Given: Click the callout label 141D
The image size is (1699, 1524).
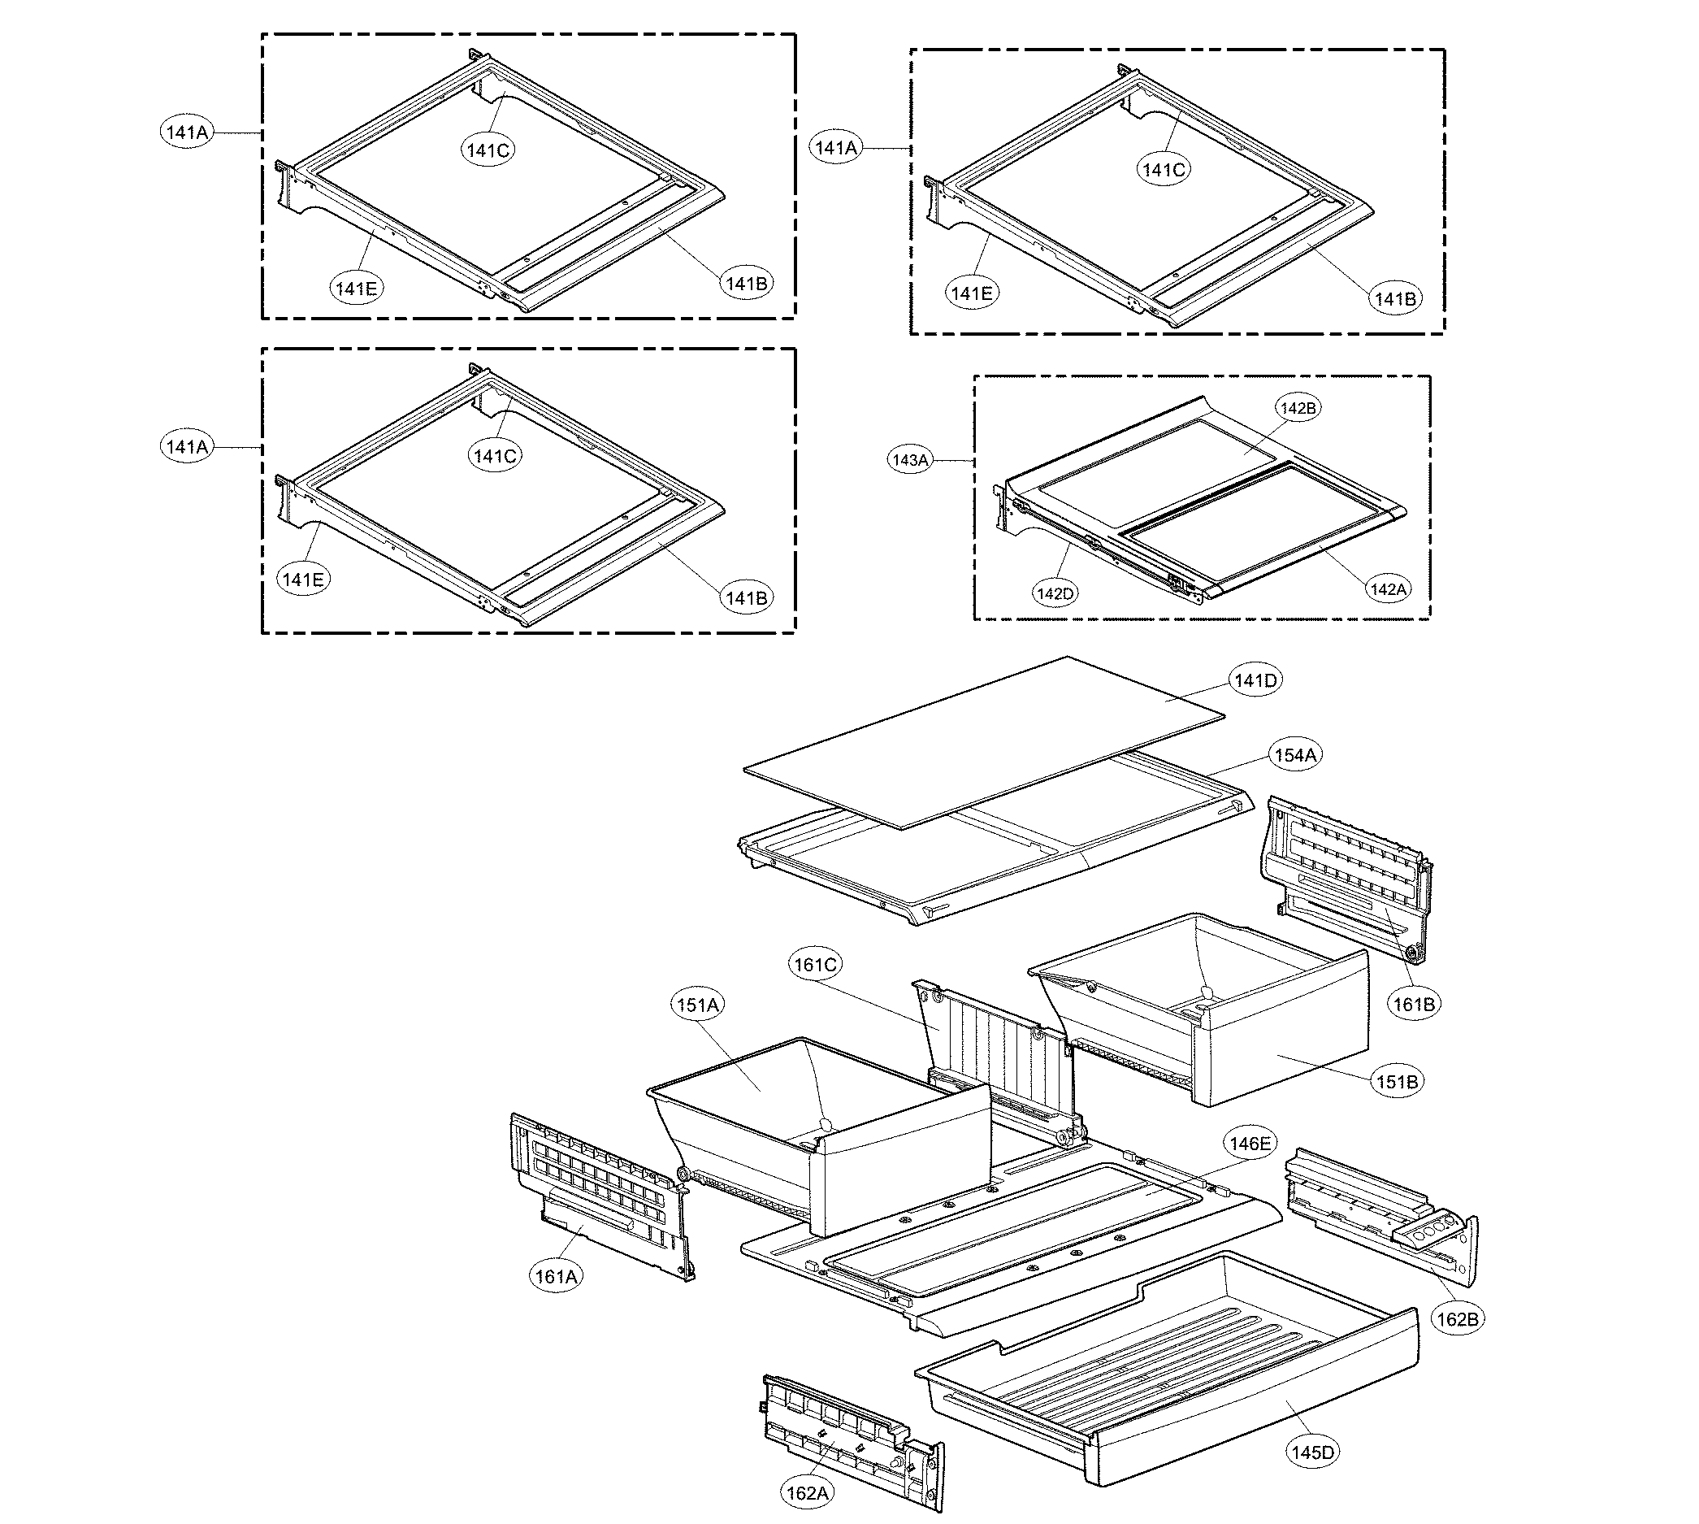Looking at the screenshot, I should [1255, 681].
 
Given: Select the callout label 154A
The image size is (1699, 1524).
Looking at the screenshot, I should [1294, 755].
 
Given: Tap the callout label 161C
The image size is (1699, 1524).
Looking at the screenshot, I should [815, 965].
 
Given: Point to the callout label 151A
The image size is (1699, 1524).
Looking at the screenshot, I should [698, 1005].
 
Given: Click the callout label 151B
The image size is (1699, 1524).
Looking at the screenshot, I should [1397, 1082].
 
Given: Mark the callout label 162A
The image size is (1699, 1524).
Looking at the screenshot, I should [808, 1493].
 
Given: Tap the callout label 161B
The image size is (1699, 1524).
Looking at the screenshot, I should [1414, 1004].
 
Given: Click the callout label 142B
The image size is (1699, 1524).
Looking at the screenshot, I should [1298, 409].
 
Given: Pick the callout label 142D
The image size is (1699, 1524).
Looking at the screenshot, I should [1055, 593].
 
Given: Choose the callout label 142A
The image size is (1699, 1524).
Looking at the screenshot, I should [1388, 589].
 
